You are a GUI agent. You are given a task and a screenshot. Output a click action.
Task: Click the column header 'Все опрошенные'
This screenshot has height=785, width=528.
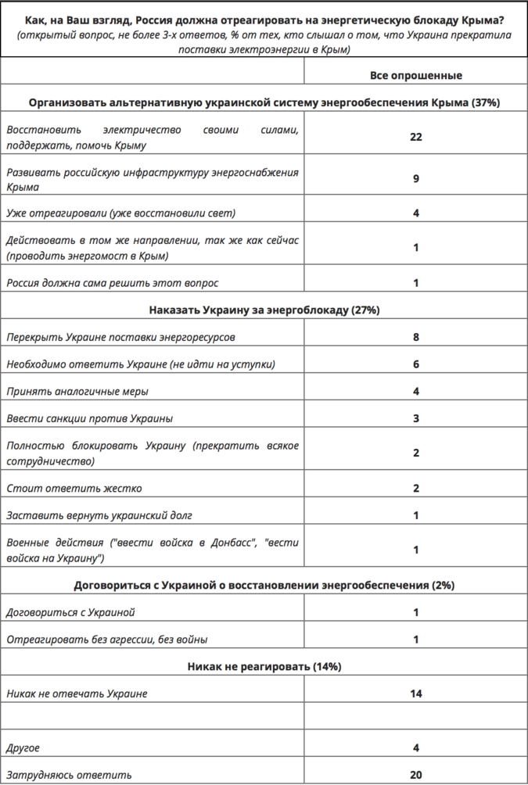415,76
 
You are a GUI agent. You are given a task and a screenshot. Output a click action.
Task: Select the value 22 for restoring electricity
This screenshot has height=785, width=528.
415,136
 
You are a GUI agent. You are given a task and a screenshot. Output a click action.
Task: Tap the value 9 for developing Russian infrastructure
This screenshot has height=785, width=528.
415,179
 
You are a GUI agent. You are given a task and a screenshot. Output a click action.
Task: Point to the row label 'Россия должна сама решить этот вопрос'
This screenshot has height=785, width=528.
113,282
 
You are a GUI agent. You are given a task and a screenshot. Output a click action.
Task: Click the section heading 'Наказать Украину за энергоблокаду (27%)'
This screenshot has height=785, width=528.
264,310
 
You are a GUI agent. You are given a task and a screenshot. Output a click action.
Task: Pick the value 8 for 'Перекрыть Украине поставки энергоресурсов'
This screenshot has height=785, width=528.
415,338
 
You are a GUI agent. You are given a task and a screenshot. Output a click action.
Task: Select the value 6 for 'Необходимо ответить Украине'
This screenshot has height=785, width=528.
415,364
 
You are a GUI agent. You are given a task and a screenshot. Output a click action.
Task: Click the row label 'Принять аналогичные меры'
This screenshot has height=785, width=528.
77,391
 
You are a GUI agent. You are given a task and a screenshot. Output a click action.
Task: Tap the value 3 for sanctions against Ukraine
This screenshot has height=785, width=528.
415,418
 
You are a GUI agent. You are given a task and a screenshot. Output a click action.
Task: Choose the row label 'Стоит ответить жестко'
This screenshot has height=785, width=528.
74,488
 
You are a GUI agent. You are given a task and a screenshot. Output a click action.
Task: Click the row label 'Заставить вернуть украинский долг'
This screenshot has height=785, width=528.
99,514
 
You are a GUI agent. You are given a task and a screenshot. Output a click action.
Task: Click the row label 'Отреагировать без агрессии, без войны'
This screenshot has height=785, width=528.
106,640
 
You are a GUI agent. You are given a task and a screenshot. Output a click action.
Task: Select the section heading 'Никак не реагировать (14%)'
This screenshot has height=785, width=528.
264,667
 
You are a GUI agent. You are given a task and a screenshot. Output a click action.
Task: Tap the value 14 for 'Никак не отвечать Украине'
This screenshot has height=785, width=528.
415,694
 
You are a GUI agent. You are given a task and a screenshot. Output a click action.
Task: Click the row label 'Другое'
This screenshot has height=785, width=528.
23,748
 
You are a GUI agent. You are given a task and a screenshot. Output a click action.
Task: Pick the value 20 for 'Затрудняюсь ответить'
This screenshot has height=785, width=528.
415,775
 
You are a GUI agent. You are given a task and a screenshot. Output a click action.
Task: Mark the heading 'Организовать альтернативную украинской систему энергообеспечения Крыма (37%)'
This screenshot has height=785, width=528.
264,102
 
